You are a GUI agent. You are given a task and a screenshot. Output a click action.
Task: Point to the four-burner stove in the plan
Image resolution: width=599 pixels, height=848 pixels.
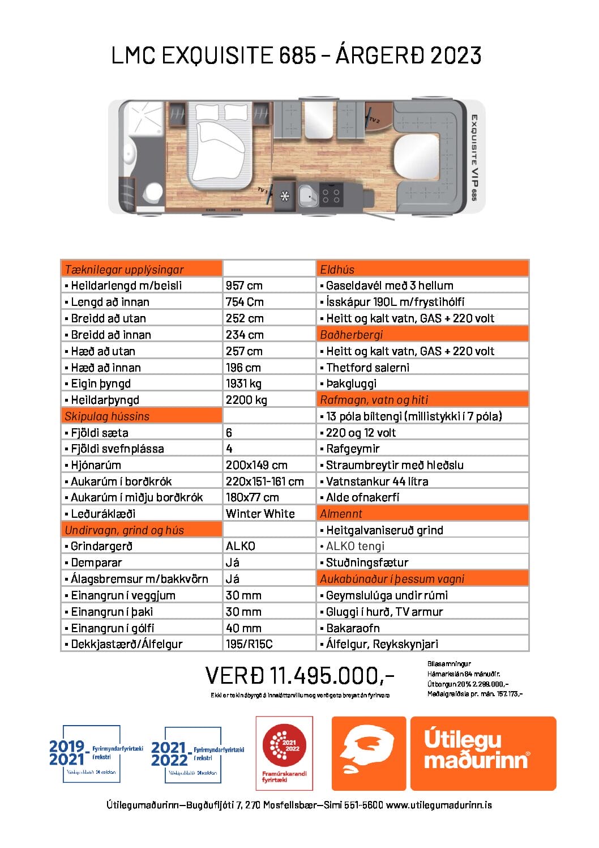331,196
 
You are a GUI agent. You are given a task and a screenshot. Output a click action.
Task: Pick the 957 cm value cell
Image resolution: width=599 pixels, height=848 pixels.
244,285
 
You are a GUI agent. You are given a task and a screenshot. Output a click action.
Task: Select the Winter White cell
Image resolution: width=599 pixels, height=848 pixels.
260,514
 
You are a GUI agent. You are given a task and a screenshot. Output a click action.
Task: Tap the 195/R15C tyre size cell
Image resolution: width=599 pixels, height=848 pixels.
249,644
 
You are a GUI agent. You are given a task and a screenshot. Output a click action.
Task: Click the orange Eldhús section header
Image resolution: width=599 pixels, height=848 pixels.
422,269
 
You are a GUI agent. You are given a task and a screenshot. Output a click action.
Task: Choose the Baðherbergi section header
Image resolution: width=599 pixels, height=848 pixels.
422,335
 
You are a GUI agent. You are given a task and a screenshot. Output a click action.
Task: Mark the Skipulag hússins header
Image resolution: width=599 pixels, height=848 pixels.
142,416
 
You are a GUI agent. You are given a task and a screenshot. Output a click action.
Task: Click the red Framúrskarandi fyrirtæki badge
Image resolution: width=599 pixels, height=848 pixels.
284,753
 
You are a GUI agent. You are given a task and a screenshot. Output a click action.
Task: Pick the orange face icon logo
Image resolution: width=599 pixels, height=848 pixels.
369,753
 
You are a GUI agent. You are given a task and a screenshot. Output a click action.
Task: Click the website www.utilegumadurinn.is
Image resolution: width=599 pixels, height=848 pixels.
439,805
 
